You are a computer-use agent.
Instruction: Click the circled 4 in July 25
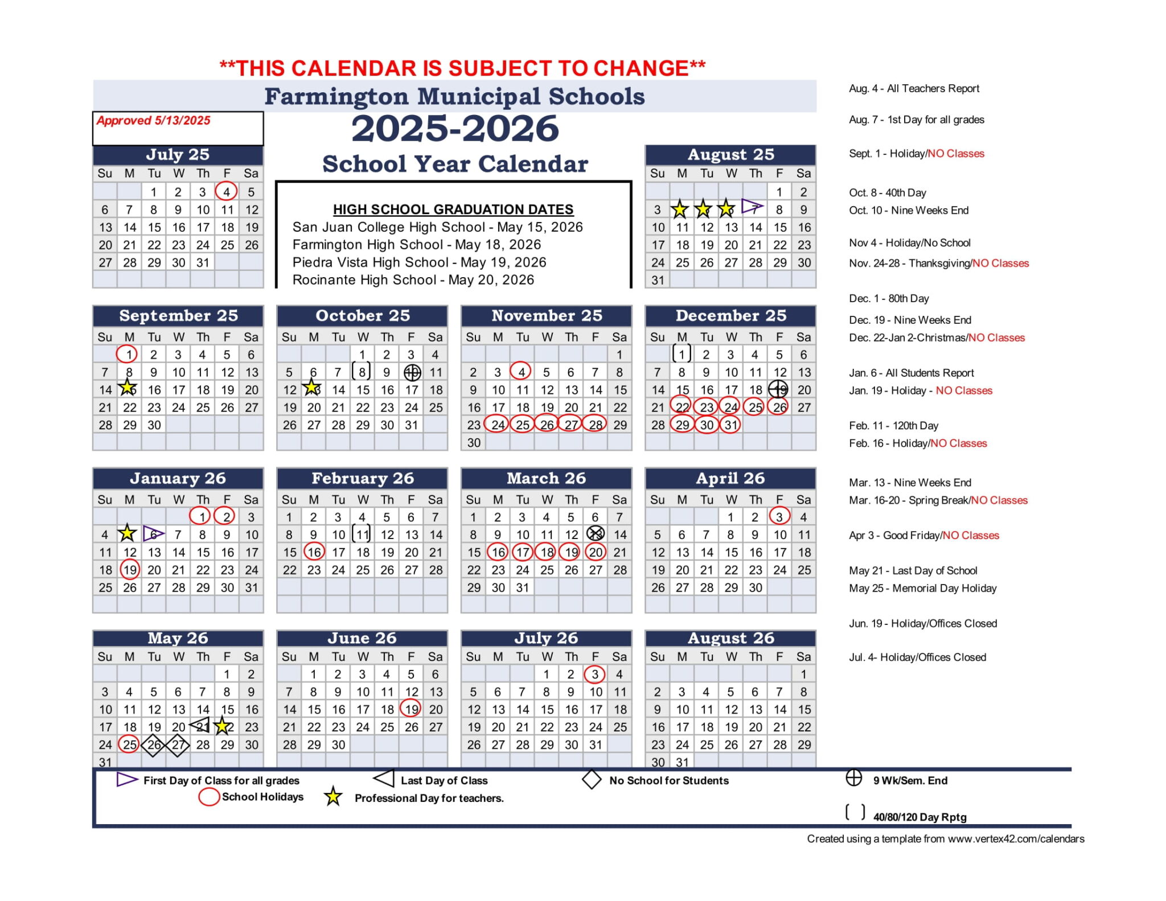pyautogui.click(x=226, y=192)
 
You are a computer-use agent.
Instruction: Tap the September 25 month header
pyautogui.click(x=178, y=316)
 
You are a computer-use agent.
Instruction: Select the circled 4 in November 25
pyautogui.click(x=521, y=372)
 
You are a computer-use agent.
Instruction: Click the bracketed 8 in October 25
pyautogui.click(x=362, y=372)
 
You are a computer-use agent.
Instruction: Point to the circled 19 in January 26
pyautogui.click(x=130, y=570)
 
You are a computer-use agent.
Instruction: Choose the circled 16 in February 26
pyautogui.click(x=314, y=552)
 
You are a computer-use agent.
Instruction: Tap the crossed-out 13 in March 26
pyautogui.click(x=596, y=534)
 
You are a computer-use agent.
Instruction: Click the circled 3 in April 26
pyautogui.click(x=779, y=517)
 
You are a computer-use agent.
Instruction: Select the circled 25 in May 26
pyautogui.click(x=129, y=744)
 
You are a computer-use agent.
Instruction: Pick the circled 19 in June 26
pyautogui.click(x=411, y=709)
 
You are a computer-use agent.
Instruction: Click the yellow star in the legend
pyautogui.click(x=333, y=797)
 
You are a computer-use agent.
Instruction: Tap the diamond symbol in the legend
pyautogui.click(x=592, y=780)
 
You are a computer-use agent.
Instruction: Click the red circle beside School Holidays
pyautogui.click(x=209, y=797)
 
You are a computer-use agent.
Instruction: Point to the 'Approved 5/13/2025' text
pyautogui.click(x=154, y=121)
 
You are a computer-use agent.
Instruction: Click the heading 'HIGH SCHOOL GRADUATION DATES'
pyautogui.click(x=453, y=209)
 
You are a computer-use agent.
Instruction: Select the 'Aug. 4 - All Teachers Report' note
pyautogui.click(x=914, y=89)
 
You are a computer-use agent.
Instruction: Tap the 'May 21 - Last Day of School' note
pyautogui.click(x=913, y=571)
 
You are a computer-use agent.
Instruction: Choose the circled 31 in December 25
pyautogui.click(x=730, y=425)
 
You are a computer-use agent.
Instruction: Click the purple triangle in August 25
pyautogui.click(x=752, y=207)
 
